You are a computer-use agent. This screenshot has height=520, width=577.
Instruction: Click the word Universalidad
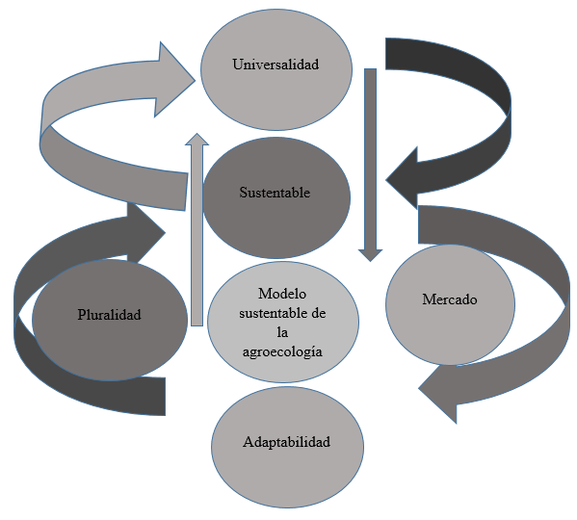coord(275,65)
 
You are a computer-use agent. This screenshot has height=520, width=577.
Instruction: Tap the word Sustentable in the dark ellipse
coord(275,193)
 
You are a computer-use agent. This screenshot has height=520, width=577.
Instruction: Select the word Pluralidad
coord(109,315)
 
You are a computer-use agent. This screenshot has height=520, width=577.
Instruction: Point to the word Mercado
coord(450,299)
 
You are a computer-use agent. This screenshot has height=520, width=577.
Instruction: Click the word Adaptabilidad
coord(286,442)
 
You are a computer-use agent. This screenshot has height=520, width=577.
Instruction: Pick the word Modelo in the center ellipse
coord(282,294)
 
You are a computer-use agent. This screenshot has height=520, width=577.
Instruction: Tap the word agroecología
coord(282,351)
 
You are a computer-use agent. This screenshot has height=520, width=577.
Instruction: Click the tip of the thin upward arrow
coord(197,134)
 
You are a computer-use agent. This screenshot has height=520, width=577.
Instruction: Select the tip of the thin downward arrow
coord(370,261)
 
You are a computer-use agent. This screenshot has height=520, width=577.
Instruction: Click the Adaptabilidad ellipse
coord(287,447)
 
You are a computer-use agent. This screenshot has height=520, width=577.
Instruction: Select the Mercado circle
coord(450,304)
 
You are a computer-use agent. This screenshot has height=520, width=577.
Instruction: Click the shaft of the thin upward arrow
coord(197,235)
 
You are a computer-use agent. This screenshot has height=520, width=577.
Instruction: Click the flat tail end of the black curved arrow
coord(385,54)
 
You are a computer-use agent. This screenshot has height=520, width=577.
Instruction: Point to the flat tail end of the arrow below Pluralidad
coord(166,397)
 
